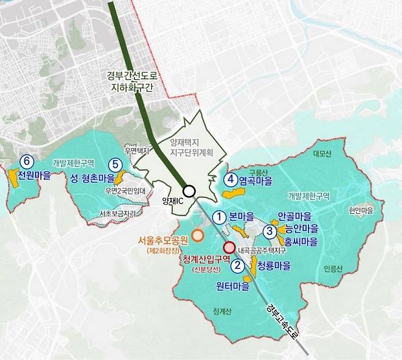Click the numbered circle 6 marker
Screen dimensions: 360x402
point(26,161)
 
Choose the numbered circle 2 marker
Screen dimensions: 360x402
point(238,265)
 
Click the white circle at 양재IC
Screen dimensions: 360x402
point(189,191)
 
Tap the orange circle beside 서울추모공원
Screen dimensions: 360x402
point(197,235)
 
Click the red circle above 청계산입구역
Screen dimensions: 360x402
point(229,248)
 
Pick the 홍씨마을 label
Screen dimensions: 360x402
point(298,241)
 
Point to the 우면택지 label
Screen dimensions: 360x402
point(136,150)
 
